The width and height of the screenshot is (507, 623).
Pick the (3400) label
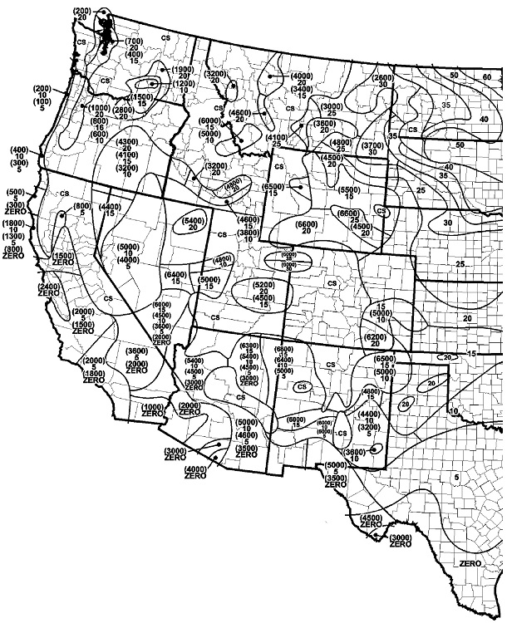click(x=301, y=90)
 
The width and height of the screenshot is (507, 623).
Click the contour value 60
click(x=486, y=77)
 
